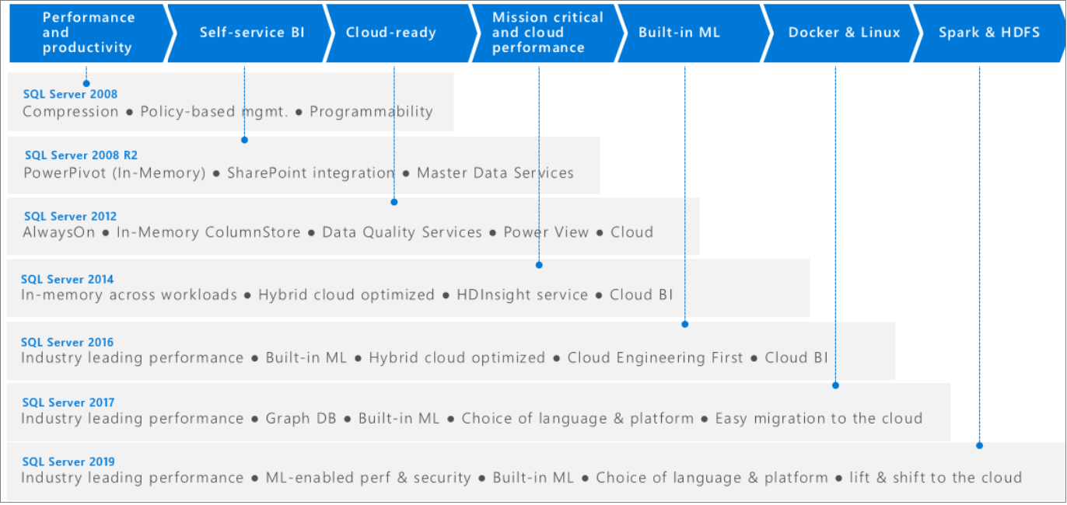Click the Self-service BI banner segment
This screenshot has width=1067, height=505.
pyautogui.click(x=252, y=33)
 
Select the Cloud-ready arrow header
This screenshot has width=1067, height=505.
pyautogui.click(x=390, y=33)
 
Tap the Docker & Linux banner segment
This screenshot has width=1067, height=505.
pyautogui.click(x=844, y=33)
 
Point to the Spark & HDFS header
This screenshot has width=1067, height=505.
pyautogui.click(x=988, y=33)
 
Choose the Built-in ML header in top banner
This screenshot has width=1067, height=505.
pyautogui.click(x=679, y=33)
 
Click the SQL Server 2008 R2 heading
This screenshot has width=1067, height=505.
pyautogui.click(x=81, y=155)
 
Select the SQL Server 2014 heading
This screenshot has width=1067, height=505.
pyautogui.click(x=67, y=279)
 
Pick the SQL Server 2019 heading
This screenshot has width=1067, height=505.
pyautogui.click(x=68, y=461)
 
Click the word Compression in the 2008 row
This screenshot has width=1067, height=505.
pyautogui.click(x=70, y=112)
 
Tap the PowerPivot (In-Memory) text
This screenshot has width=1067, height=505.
pyautogui.click(x=114, y=173)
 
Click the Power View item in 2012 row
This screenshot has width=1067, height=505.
pyautogui.click(x=546, y=232)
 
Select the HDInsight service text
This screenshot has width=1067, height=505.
pyautogui.click(x=522, y=295)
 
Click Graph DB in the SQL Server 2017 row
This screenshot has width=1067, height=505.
pyautogui.click(x=301, y=419)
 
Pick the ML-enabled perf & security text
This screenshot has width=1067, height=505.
pyautogui.click(x=368, y=478)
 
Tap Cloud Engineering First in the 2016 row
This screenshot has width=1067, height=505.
pyautogui.click(x=655, y=358)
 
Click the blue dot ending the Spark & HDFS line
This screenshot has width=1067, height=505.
pyautogui.click(x=979, y=445)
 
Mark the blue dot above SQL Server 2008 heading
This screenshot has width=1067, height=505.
pyautogui.click(x=86, y=82)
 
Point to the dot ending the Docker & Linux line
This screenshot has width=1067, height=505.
pyautogui.click(x=835, y=385)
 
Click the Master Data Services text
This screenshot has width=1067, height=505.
pyautogui.click(x=495, y=173)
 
